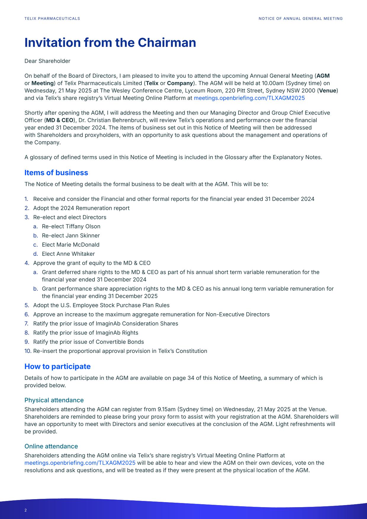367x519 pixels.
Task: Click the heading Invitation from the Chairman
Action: coord(110,43)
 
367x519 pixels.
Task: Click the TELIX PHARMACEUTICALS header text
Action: coord(52,19)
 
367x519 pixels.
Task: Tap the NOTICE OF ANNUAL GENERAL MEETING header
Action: coord(300,19)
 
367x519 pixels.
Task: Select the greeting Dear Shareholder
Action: coord(47,61)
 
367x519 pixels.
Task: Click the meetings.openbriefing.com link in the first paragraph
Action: coord(249,98)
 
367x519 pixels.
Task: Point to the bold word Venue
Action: coord(327,91)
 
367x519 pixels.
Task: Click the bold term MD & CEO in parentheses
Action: coord(59,120)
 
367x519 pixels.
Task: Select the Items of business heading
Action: coord(56,173)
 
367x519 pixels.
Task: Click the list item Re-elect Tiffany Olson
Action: coord(71,226)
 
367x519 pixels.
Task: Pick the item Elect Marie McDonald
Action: coord(70,245)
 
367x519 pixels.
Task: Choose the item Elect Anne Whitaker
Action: coord(68,254)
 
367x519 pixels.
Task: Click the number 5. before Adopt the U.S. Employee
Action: coord(27,305)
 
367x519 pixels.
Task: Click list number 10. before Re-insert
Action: coord(28,351)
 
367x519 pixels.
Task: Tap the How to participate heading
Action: coord(57,367)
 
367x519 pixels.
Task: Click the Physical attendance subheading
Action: coord(54,400)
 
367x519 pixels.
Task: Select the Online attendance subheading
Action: coord(51,446)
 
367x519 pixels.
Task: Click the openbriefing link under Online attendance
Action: coord(80,463)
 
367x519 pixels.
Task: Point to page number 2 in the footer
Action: coord(26,510)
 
